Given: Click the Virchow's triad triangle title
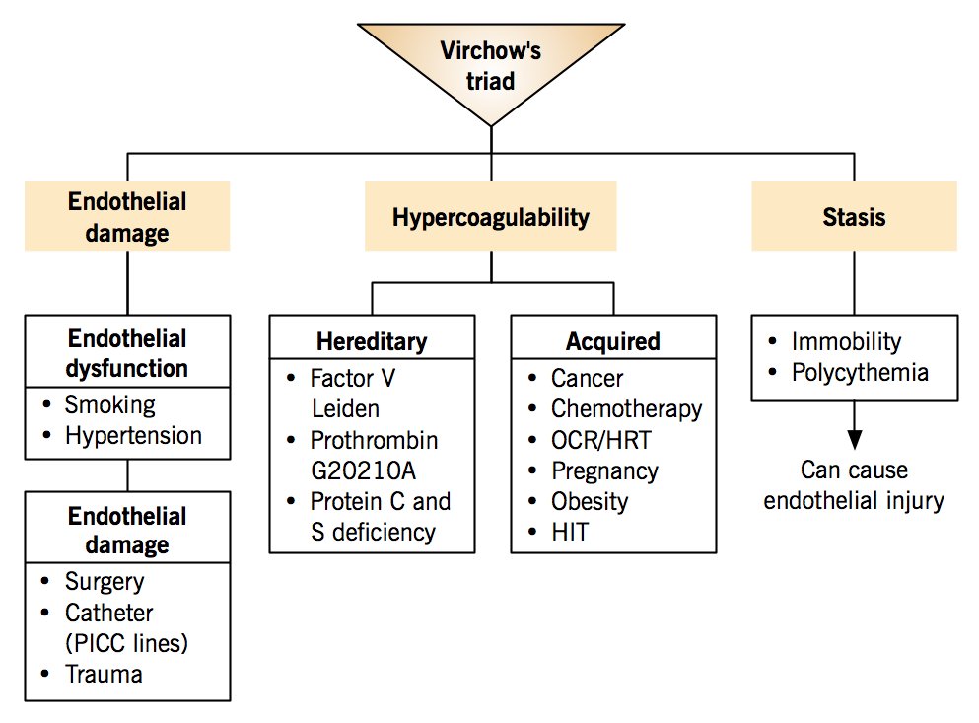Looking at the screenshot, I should click(x=491, y=65).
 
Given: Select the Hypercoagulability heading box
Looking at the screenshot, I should click(x=491, y=217).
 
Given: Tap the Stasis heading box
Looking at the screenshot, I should click(x=854, y=217).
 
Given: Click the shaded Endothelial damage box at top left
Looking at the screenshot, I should click(x=127, y=217).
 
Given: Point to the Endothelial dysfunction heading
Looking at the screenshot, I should click(x=127, y=353).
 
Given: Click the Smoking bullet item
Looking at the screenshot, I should click(x=109, y=404).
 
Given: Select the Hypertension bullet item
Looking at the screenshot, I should click(x=133, y=435).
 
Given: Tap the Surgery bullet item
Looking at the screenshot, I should click(x=105, y=582).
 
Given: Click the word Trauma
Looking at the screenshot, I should click(x=104, y=675).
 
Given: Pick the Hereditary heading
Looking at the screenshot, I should click(x=372, y=341).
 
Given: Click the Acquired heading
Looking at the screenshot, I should click(x=612, y=341).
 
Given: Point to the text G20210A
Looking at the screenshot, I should click(x=360, y=470).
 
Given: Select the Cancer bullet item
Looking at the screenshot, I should click(x=588, y=378).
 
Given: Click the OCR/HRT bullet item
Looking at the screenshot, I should click(x=600, y=440).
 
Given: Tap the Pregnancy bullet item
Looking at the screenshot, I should click(x=604, y=470).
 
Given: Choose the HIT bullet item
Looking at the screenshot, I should click(x=570, y=532).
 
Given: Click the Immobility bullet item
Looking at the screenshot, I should click(x=846, y=341).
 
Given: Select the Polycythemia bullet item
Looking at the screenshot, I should click(x=860, y=372).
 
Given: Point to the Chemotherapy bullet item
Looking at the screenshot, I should click(x=626, y=408).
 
